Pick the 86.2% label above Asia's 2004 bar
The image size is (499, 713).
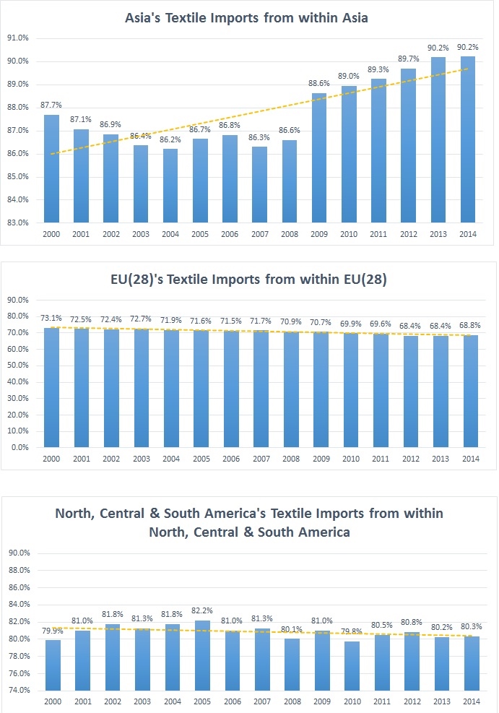tap(171, 139)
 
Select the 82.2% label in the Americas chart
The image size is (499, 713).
tap(201, 611)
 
